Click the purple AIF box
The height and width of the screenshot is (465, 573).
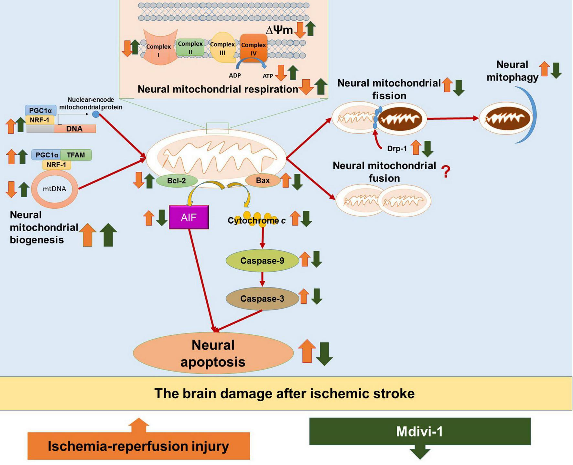click(x=189, y=217)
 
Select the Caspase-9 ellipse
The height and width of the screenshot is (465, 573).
click(x=262, y=261)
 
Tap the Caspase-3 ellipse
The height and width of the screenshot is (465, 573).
click(x=262, y=298)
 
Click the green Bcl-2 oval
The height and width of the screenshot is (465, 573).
click(x=177, y=181)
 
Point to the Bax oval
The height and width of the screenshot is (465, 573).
click(x=263, y=180)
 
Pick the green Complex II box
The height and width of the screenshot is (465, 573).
click(x=190, y=48)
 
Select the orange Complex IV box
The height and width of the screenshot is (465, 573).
click(x=254, y=48)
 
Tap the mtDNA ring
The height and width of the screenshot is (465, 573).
click(x=54, y=189)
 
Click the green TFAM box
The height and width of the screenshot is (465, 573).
click(x=76, y=155)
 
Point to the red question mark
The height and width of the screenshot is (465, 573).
click(x=446, y=172)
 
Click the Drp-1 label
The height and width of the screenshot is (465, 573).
click(x=397, y=149)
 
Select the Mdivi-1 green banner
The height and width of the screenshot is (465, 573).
click(x=420, y=431)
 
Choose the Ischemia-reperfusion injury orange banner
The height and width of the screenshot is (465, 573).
click(x=138, y=446)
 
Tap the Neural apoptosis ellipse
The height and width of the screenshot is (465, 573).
click(x=213, y=353)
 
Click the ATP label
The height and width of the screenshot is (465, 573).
click(x=268, y=76)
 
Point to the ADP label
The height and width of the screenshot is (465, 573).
click(x=235, y=76)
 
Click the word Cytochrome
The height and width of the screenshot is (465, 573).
click(x=253, y=221)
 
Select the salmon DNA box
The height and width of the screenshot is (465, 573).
click(x=75, y=129)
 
